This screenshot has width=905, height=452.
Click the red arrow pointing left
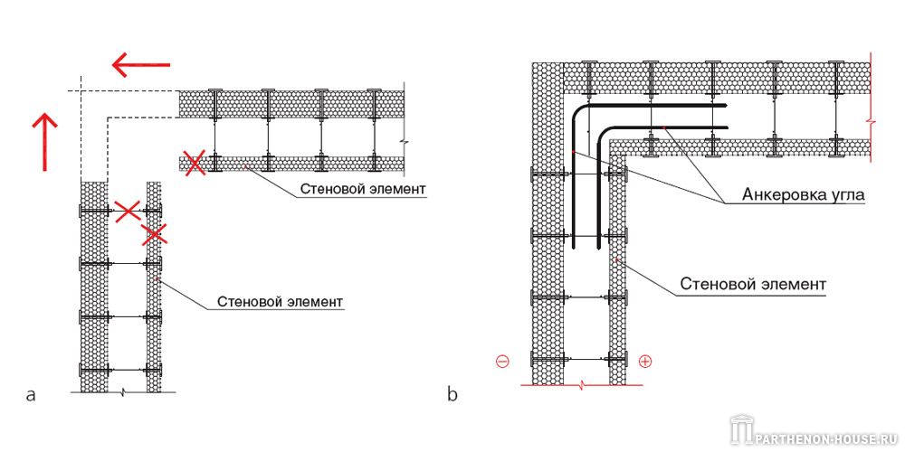click(141, 64)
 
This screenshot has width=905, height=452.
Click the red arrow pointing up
click(44, 142)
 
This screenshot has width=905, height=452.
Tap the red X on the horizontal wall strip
click(195, 163)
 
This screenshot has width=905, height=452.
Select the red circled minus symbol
click(502, 362)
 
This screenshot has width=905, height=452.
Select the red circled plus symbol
click(645, 362)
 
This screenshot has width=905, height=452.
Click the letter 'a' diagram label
click(31, 395)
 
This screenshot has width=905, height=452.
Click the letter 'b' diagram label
click(453, 394)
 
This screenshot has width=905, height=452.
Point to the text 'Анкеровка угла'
click(803, 195)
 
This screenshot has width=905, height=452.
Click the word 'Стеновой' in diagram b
click(715, 284)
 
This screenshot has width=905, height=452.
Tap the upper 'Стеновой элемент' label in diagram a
click(363, 189)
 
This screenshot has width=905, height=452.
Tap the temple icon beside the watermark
click(740, 430)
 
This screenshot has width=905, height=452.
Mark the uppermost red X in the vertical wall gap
click(128, 211)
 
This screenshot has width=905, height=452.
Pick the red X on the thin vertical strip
click(154, 235)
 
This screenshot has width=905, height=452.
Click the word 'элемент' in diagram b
click(792, 284)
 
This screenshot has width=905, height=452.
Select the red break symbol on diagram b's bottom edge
click(582, 383)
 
